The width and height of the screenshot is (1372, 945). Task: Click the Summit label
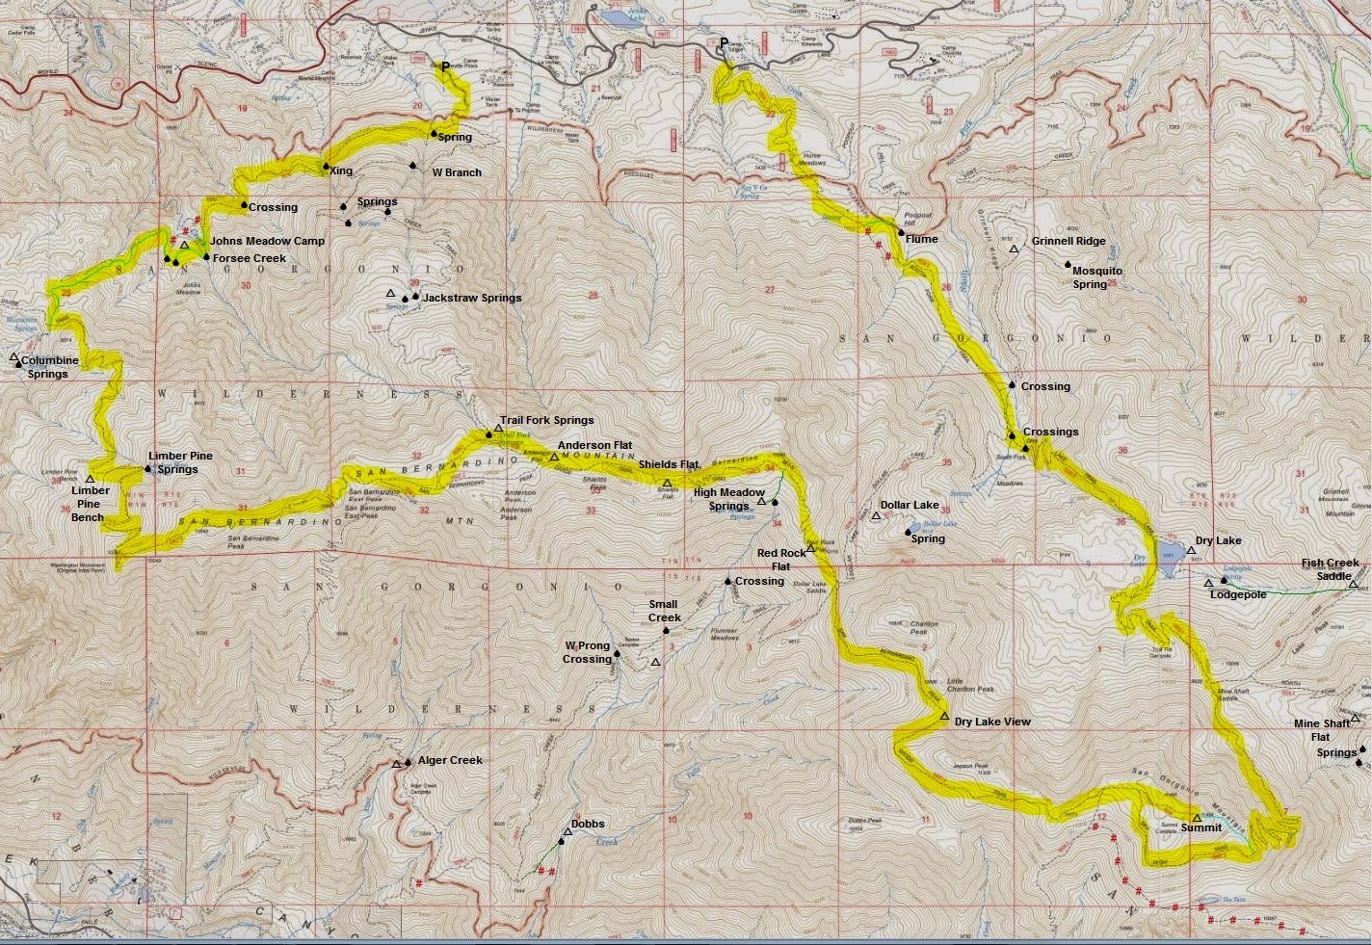coord(1200,828)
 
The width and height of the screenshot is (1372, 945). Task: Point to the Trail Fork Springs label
coord(545,420)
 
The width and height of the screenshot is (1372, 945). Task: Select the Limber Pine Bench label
coord(90,504)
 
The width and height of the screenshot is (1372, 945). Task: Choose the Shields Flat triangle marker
coord(667,482)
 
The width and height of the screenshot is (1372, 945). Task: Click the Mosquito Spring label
coord(1096,277)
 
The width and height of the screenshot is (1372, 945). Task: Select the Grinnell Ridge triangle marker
coord(1014,249)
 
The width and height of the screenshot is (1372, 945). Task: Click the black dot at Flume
coord(901,232)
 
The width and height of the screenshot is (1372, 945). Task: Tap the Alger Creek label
coord(450,760)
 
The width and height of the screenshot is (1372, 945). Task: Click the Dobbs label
coord(587,825)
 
